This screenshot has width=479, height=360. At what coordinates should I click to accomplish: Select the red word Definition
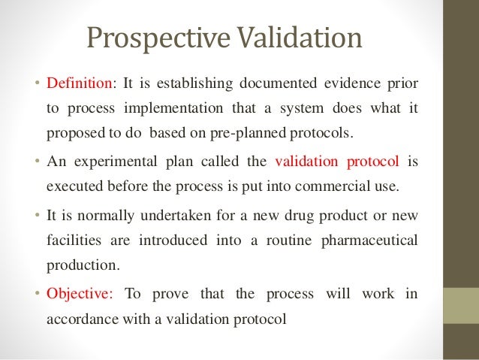[76, 81]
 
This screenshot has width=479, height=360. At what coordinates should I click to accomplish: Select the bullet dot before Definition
[40, 81]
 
